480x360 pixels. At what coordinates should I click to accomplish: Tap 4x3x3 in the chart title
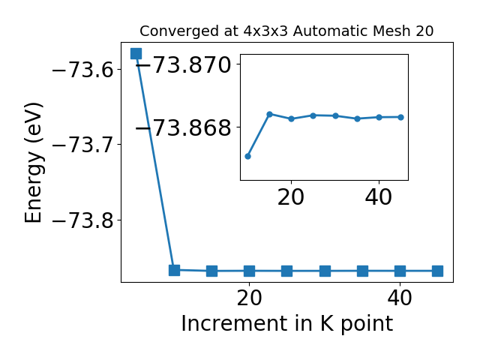pyautogui.click(x=265, y=31)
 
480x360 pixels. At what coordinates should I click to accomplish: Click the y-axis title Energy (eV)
pyautogui.click(x=33, y=163)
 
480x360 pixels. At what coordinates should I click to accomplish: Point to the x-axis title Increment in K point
pyautogui.click(x=287, y=324)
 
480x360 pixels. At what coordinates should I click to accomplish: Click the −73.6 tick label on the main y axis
pyautogui.click(x=83, y=70)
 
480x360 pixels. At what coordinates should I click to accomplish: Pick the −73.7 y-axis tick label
pyautogui.click(x=83, y=145)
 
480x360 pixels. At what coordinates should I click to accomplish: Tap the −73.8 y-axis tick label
pyautogui.click(x=83, y=220)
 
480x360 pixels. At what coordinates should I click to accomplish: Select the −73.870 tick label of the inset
pyautogui.click(x=184, y=64)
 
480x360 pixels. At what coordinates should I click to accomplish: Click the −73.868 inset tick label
pyautogui.click(x=184, y=127)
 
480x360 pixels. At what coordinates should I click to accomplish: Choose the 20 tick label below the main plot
pyautogui.click(x=250, y=298)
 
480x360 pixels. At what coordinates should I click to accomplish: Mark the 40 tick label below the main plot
pyautogui.click(x=400, y=298)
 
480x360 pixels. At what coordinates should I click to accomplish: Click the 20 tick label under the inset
pyautogui.click(x=291, y=197)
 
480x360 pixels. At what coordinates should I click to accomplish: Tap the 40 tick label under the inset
pyautogui.click(x=379, y=197)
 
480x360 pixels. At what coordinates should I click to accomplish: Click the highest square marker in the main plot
pyautogui.click(x=136, y=53)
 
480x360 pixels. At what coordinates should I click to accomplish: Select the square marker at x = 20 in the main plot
pyautogui.click(x=250, y=271)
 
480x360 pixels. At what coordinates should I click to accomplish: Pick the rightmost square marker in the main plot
pyautogui.click(x=438, y=271)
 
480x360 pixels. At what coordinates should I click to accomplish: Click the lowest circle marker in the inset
pyautogui.click(x=248, y=157)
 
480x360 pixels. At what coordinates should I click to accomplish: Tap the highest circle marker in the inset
pyautogui.click(x=270, y=115)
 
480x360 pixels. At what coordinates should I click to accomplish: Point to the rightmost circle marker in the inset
pyautogui.click(x=401, y=117)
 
